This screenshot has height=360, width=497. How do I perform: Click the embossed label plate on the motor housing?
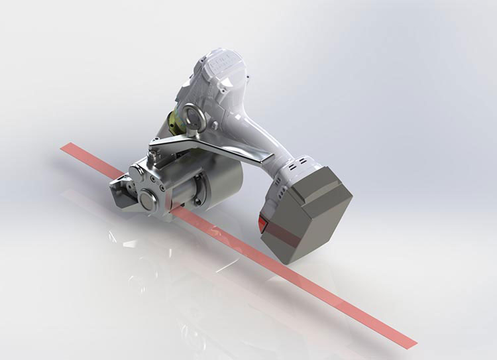tap(215, 70)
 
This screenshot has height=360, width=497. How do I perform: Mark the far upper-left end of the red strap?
tap(64, 149)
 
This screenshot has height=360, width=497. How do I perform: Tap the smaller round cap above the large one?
tap(137, 170)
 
